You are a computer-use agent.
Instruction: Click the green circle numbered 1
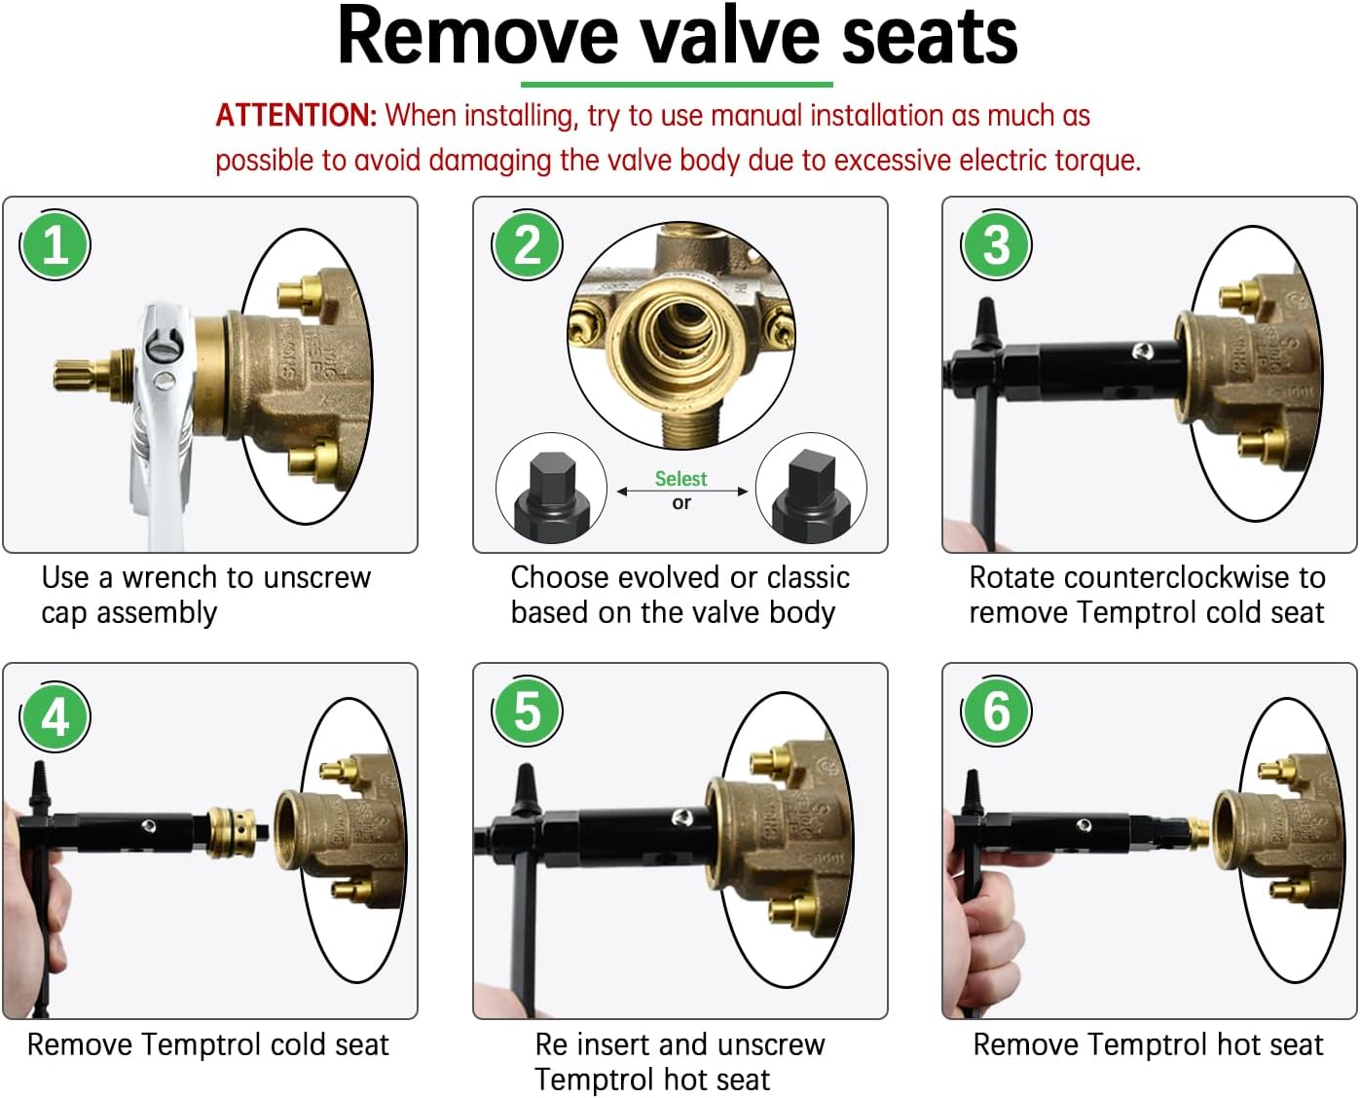[x=55, y=244]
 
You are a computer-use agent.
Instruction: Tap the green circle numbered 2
[x=527, y=244]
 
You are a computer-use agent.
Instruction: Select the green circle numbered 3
[x=996, y=244]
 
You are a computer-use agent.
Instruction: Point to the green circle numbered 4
[x=55, y=717]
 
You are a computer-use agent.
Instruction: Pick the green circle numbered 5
[x=527, y=711]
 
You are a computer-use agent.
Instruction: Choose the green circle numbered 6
[x=996, y=711]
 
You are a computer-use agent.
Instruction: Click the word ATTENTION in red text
[x=295, y=116]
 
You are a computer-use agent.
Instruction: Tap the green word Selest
[x=680, y=479]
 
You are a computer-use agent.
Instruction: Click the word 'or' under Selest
[x=681, y=503]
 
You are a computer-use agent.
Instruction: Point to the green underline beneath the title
[x=677, y=85]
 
